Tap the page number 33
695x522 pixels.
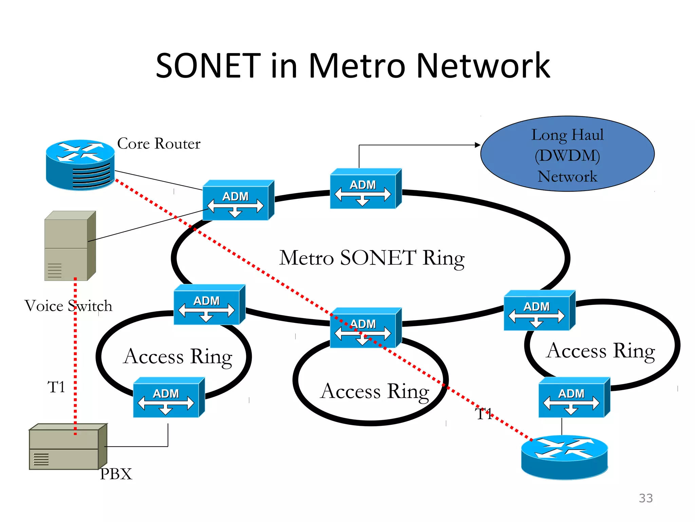[645, 498]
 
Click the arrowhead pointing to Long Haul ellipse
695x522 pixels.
[477, 145]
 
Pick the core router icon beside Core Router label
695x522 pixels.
[80, 164]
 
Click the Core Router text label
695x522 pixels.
[158, 144]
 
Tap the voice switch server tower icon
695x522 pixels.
[70, 246]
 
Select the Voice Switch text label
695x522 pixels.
[68, 306]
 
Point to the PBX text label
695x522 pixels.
[116, 474]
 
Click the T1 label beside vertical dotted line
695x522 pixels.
[56, 387]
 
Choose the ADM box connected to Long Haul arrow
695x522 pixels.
[365, 189]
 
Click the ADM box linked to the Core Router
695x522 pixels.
[238, 201]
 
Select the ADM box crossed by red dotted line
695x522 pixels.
[365, 328]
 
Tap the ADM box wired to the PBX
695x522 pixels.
[169, 398]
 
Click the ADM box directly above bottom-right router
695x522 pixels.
[574, 398]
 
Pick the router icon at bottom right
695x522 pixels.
[564, 457]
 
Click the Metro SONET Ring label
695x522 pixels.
[372, 258]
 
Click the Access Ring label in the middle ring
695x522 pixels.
[375, 391]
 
